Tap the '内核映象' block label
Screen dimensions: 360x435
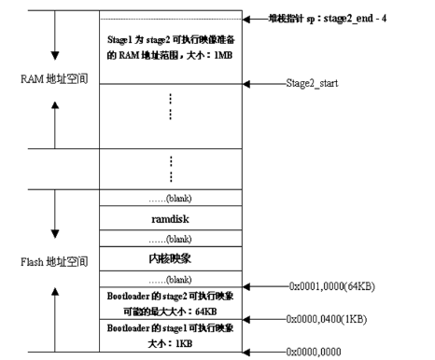pos(170,254)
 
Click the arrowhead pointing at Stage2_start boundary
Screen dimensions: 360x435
pos(246,84)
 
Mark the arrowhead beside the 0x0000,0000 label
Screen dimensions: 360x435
pos(246,352)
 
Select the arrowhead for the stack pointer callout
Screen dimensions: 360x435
pos(246,19)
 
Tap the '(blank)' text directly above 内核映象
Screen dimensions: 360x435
pos(170,237)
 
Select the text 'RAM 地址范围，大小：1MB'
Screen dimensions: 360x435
pos(168,56)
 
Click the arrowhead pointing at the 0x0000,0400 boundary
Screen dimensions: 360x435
pos(246,319)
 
